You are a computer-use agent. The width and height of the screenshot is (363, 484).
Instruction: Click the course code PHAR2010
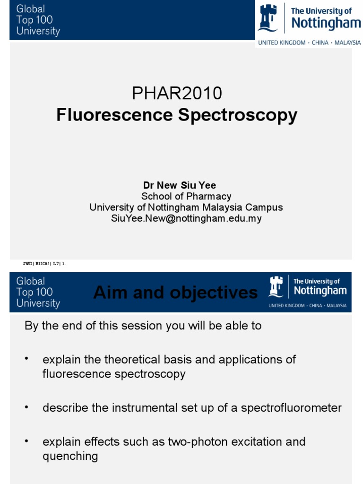tap(177, 94)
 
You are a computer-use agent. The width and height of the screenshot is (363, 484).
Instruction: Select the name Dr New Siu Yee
tap(180, 185)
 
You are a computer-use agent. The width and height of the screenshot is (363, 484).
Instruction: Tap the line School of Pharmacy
tap(187, 196)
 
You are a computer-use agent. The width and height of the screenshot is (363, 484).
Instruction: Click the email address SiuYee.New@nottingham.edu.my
tap(186, 218)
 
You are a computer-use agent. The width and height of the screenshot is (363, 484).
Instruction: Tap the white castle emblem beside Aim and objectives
tap(276, 286)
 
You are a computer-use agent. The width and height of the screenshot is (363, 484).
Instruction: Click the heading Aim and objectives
tap(175, 293)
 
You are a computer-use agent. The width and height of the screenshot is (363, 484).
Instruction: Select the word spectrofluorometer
tap(291, 408)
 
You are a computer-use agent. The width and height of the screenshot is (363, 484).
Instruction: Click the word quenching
tap(70, 456)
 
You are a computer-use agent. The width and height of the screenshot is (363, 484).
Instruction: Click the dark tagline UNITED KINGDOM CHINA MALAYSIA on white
tap(309, 43)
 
